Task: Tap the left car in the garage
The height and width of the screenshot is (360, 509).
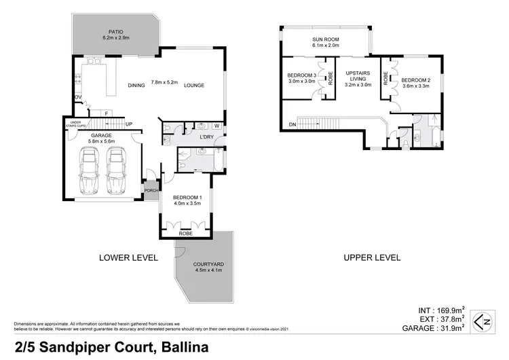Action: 88,173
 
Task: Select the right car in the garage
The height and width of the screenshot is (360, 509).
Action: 117,173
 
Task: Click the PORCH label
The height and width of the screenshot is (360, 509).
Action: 151,190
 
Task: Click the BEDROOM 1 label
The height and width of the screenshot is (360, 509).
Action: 187,196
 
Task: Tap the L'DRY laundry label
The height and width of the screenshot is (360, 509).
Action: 206,138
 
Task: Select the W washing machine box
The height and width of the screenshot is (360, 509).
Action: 215,126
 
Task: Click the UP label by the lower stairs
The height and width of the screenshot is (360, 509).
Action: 129,124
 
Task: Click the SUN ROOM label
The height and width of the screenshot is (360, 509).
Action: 326,39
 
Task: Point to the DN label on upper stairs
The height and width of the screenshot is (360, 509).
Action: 292,124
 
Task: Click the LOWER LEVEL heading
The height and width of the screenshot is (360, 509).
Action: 128,257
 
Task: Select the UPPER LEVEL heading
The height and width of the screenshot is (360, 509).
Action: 372,257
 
